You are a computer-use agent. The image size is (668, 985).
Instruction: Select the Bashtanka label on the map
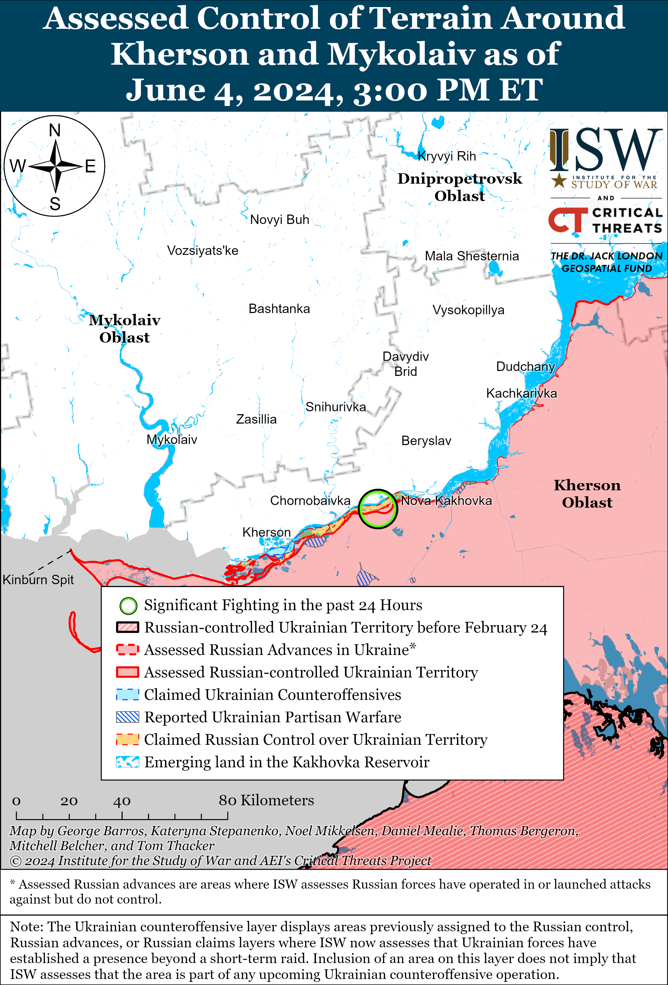click(x=279, y=309)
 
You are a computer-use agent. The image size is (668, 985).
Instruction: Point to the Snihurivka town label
click(x=335, y=407)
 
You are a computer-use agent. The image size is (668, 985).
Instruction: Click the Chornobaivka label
click(x=310, y=501)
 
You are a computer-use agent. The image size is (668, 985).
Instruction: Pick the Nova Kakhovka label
click(x=446, y=501)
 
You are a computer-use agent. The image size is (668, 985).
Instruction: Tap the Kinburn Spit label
click(x=38, y=579)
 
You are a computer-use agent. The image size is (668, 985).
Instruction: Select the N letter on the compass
click(x=55, y=130)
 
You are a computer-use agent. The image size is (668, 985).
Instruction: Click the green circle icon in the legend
click(x=128, y=606)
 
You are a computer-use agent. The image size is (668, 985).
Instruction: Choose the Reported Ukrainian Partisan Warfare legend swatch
click(x=128, y=717)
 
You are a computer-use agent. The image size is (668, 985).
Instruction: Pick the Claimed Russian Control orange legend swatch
click(x=128, y=740)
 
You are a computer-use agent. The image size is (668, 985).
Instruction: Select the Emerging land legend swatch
click(x=128, y=762)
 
